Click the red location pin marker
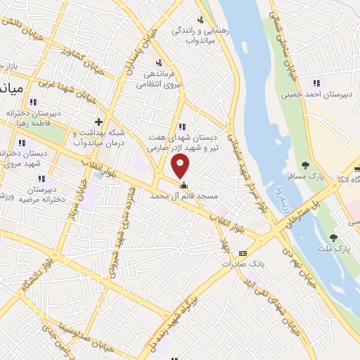(181, 167)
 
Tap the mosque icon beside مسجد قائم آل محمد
(184, 186)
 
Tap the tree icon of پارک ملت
(333, 238)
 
